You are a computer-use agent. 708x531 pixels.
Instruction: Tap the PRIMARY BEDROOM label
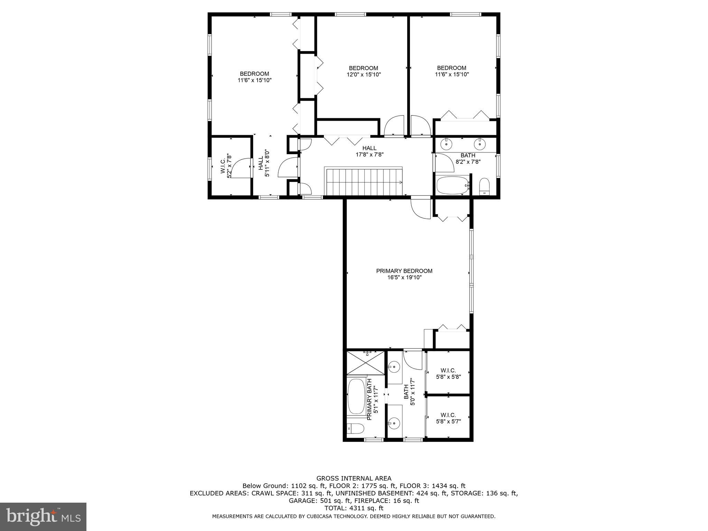click(404, 271)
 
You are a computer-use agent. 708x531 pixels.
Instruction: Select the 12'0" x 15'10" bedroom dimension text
click(363, 75)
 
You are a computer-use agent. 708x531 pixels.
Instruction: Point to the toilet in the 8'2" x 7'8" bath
click(484, 187)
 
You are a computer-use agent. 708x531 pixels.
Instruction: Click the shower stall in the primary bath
click(365, 363)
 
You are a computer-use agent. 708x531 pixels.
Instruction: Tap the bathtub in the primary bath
click(356, 397)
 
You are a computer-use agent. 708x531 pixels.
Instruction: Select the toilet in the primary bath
click(355, 429)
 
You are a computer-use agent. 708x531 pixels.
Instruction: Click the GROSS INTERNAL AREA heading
click(354, 478)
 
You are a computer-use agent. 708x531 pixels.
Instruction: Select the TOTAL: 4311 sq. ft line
click(354, 508)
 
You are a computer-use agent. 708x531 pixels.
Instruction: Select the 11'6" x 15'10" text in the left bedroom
click(254, 80)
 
